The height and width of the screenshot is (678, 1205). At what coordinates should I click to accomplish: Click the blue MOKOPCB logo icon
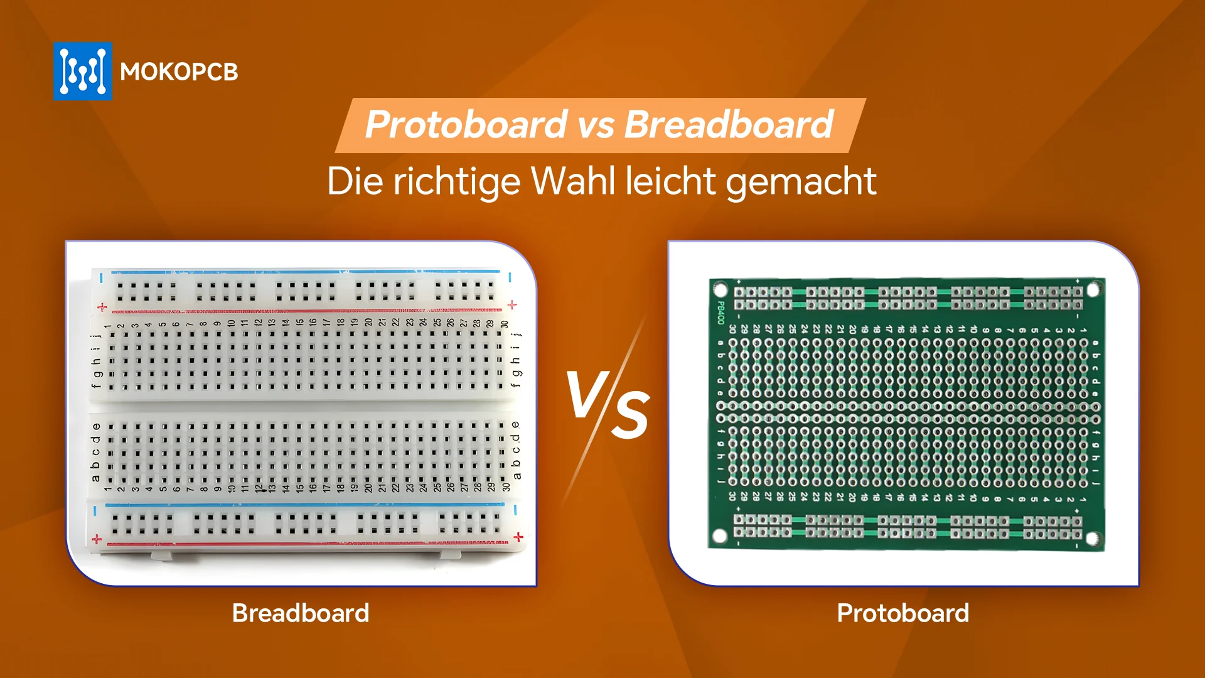pos(83,71)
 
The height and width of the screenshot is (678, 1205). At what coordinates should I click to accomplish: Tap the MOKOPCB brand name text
pos(179,72)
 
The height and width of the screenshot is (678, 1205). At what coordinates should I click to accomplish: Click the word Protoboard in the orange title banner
pos(466,124)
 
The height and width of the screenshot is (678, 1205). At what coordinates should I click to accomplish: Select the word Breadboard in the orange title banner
pos(729,124)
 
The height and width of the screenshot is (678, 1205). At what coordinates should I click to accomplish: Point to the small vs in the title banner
pos(596,126)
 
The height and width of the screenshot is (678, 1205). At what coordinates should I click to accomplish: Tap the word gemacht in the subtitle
pos(801,183)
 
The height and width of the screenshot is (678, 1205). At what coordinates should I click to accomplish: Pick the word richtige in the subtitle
pos(456,183)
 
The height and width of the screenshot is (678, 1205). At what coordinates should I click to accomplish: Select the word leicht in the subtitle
pos(671,181)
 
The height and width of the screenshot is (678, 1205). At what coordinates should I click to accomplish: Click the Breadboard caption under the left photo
pos(301,613)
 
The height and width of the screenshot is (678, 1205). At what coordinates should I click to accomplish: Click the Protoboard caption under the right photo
pos(902,613)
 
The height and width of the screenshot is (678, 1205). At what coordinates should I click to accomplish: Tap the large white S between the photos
pos(630,414)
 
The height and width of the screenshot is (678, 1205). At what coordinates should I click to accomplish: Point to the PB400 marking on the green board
pos(720,313)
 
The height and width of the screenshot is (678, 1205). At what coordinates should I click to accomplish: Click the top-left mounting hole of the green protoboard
pos(720,290)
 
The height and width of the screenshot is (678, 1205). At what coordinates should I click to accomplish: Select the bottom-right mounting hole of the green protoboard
pos(1092,539)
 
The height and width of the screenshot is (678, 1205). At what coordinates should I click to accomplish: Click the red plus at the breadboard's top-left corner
pos(102,307)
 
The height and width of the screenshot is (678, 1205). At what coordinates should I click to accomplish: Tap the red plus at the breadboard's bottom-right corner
pos(518,537)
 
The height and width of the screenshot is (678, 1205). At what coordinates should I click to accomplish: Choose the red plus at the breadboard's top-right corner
pos(512,305)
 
